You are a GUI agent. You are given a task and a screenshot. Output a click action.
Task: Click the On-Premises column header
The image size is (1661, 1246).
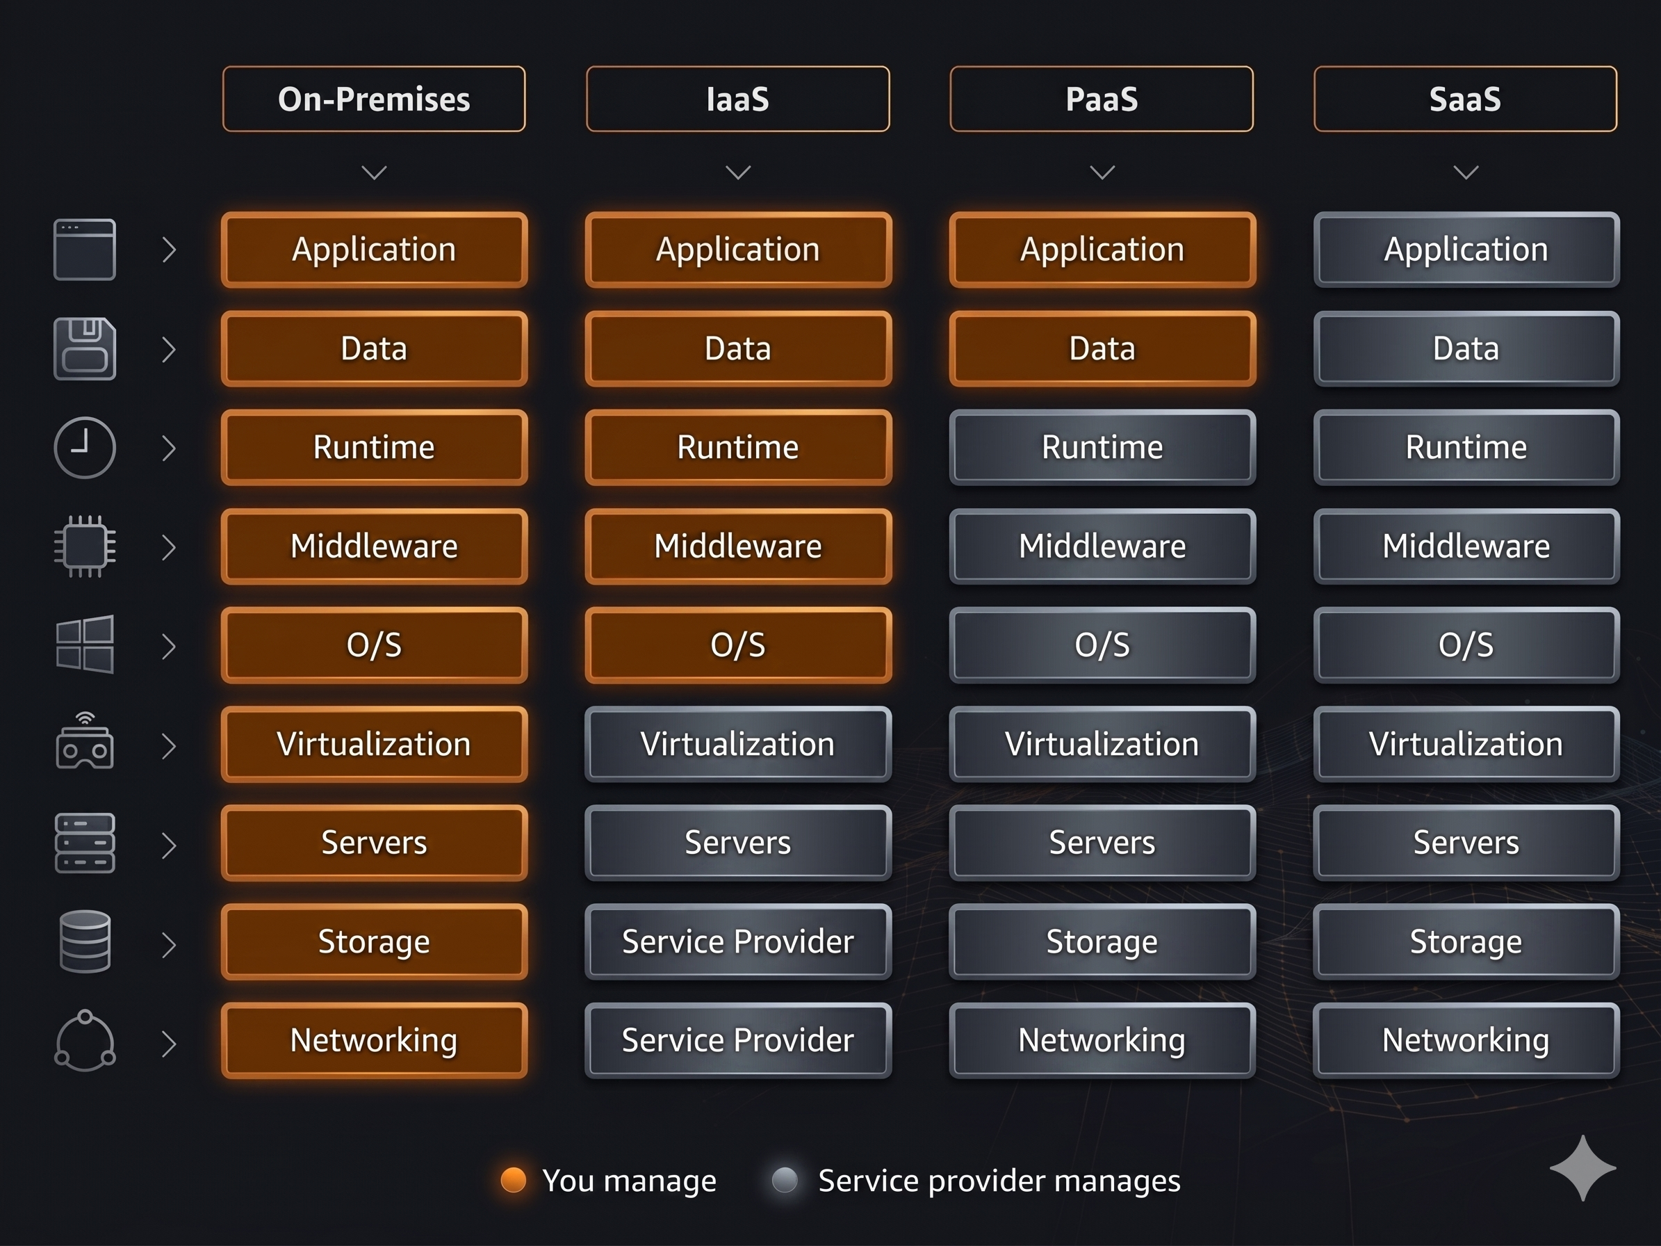374,99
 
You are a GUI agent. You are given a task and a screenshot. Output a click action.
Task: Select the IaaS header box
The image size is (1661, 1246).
737,99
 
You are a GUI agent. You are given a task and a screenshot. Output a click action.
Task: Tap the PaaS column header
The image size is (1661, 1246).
1102,99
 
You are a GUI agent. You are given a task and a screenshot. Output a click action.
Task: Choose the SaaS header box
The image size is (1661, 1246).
1465,99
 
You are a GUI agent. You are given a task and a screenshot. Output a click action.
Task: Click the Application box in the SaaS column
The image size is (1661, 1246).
1466,250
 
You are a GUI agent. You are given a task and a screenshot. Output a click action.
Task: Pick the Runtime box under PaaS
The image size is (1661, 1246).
1102,448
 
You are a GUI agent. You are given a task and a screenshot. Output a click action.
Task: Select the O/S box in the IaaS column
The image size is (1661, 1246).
738,645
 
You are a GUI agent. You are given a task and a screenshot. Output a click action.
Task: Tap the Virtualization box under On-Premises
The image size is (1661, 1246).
374,744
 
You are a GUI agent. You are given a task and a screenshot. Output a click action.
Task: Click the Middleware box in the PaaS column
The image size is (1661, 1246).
1102,547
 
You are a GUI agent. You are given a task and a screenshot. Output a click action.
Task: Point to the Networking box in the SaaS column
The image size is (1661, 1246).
1466,1041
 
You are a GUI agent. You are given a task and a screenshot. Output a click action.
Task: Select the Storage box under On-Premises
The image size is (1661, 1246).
374,942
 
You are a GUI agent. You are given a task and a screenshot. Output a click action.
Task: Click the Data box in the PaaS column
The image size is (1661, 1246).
1102,348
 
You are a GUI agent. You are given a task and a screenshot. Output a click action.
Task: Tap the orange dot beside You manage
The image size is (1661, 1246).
514,1180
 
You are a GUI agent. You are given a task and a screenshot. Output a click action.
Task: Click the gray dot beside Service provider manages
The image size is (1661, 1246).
785,1180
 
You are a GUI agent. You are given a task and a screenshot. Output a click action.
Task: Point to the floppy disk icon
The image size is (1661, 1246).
85,348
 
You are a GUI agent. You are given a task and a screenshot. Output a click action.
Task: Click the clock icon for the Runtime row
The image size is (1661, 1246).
85,448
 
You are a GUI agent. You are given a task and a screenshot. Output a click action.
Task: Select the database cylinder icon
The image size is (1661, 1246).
85,942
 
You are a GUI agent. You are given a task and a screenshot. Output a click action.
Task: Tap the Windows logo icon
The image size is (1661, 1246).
85,645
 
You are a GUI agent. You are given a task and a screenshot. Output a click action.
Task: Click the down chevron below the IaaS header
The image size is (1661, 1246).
738,172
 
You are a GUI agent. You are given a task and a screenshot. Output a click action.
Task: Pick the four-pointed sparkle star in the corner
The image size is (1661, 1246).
1583,1168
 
